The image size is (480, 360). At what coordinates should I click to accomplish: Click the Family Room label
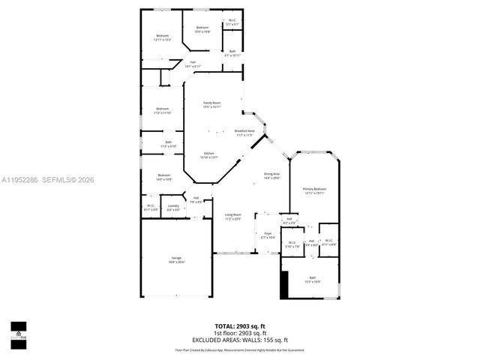(x=212, y=104)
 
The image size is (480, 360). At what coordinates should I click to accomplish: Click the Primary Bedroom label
(x=314, y=190)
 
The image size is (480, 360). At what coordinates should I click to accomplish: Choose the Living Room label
(x=233, y=217)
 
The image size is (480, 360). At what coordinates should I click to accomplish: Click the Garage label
(x=175, y=259)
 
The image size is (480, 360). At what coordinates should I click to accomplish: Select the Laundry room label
(x=173, y=208)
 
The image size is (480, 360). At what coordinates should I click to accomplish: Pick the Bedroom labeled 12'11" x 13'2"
(x=163, y=37)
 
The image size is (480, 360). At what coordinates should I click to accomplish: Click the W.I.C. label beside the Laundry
(x=151, y=208)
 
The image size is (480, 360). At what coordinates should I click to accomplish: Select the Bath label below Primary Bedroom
(x=312, y=280)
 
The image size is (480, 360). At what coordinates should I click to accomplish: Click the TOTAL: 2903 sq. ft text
(x=239, y=326)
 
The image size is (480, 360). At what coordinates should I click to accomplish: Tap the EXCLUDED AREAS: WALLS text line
(x=239, y=340)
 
